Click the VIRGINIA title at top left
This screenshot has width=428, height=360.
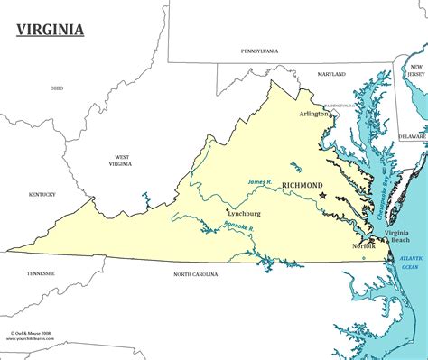tap(51, 30)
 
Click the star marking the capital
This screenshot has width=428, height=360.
tap(323, 196)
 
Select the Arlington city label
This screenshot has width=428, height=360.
tap(314, 115)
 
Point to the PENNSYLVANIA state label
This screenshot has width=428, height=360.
tap(258, 51)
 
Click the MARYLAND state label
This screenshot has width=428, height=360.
tap(331, 73)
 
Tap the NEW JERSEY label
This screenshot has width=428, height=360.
tap(415, 72)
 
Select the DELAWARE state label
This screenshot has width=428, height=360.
tap(413, 136)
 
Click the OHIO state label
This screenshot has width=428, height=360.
tap(56, 88)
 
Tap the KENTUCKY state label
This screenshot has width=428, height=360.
tap(42, 194)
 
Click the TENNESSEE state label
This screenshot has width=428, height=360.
tap(41, 272)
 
